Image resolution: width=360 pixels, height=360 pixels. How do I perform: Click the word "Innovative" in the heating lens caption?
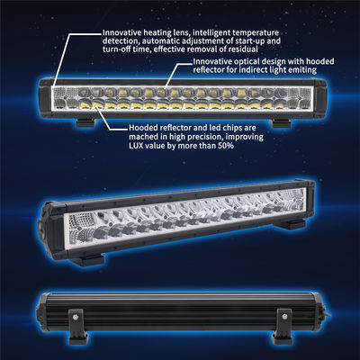pos(121,32)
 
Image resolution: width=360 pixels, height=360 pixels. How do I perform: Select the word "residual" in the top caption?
pos(243,49)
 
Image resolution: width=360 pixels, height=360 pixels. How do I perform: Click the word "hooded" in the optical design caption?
pos(320,61)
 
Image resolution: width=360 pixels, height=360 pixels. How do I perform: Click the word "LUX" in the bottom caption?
pos(136,146)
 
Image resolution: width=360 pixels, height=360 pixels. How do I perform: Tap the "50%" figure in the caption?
pos(225,146)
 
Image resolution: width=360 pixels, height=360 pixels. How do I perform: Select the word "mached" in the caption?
pos(141,137)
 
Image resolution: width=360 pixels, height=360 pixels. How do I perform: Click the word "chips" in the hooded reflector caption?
pos(233,128)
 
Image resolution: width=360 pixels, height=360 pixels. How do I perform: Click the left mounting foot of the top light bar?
pos(85,122)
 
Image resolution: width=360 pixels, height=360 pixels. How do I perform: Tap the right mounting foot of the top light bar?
pos(282,123)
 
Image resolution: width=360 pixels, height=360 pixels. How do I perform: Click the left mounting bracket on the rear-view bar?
pos(78,326)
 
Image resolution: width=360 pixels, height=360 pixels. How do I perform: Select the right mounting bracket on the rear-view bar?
pos(282,326)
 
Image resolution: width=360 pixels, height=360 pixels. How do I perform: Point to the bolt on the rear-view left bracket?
pos(75,316)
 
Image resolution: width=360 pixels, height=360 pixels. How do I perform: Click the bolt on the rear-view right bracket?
pos(285,316)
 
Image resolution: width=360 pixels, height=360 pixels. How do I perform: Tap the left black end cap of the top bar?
pos(46,96)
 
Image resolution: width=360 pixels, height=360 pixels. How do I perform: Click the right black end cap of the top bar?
pos(319,97)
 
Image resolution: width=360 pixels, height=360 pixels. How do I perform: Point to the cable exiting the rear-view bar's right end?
pos(328,313)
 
